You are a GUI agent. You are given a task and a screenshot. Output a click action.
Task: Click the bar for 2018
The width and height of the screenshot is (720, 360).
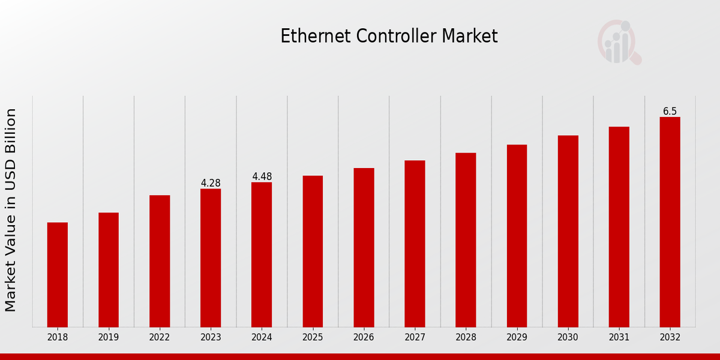[x=58, y=274]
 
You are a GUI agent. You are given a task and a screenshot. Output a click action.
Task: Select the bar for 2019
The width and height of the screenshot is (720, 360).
[x=109, y=269]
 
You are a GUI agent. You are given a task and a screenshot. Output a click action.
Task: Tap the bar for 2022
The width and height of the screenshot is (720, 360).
[x=160, y=260]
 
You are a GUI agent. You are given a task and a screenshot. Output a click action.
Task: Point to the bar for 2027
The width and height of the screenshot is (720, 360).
[x=415, y=243]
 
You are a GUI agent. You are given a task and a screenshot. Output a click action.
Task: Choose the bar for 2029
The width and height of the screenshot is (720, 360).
[x=517, y=235]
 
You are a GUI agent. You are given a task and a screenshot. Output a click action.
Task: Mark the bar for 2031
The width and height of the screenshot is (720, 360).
[x=619, y=226]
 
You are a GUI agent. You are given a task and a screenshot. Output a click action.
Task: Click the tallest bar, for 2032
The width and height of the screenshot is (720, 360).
[x=670, y=221]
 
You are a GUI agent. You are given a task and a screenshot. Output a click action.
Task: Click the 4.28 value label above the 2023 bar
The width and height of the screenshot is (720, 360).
[x=211, y=183]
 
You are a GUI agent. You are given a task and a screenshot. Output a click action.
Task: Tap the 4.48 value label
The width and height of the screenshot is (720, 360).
[x=262, y=176]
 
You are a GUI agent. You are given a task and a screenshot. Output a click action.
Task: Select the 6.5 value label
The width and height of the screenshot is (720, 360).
[x=670, y=111]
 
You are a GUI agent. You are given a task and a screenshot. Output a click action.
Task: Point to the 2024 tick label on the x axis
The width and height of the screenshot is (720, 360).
[x=262, y=337]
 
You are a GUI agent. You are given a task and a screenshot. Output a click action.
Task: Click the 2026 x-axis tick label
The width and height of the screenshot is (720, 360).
[x=364, y=337]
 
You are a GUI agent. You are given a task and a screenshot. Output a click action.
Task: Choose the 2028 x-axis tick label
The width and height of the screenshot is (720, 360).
[x=466, y=337]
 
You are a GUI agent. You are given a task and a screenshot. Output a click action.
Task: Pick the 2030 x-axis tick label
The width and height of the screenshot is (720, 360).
[x=568, y=337]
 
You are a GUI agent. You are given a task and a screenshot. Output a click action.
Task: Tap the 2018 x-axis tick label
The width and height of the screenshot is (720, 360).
[x=58, y=337]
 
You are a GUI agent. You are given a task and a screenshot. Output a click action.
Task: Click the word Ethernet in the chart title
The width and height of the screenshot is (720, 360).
[x=316, y=36]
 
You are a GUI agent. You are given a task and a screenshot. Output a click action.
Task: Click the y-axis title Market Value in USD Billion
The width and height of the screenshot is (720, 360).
[x=11, y=210]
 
